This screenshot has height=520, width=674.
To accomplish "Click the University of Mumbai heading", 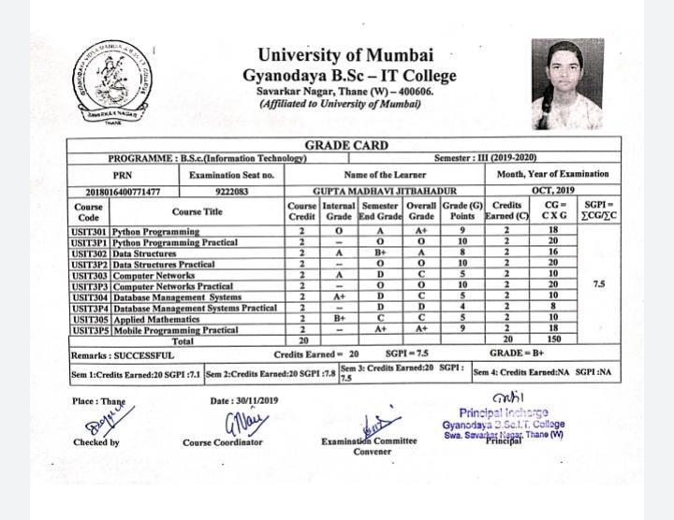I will point(349,55).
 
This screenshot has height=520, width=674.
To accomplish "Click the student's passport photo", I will point(568,84).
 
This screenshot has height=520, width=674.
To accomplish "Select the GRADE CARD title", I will point(346,146).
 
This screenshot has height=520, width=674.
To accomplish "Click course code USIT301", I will point(89,231).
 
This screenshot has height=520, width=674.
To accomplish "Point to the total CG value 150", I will point(553,340).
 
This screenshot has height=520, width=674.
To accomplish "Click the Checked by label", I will point(95,441).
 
